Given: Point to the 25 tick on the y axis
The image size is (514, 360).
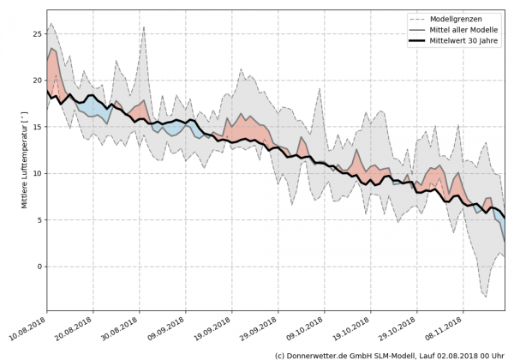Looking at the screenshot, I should tap(36, 33).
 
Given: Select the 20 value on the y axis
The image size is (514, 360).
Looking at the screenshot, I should tap(36, 80).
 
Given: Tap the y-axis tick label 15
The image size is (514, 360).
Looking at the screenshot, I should tap(36, 126).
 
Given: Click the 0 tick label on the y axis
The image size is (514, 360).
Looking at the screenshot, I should tap(39, 266).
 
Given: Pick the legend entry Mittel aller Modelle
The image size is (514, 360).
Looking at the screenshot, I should tap(470, 29).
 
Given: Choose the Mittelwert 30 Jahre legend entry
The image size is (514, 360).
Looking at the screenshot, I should tap(469, 40).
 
